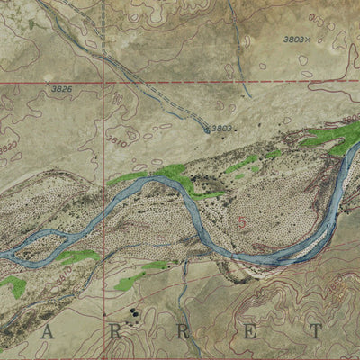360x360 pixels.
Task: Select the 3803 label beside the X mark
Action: coord(293,39)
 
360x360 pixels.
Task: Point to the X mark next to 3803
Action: coord(308,40)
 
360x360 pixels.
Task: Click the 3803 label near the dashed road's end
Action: coord(221,128)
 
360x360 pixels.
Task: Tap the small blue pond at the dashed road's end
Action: coord(207,130)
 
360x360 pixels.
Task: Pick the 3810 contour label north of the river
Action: coord(116,141)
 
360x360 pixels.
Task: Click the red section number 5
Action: coord(241,220)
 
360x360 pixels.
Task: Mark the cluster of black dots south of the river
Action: coord(135,313)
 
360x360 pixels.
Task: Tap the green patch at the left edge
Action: coord(13,286)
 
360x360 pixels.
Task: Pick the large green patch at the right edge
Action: coord(333,138)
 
